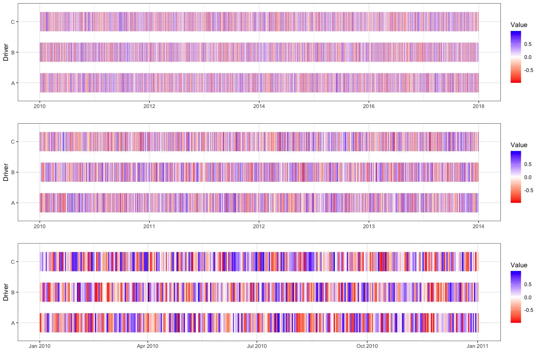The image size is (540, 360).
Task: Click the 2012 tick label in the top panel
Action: (x=149, y=106)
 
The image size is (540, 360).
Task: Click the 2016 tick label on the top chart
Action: (x=369, y=106)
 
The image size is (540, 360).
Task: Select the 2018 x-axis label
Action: (x=478, y=106)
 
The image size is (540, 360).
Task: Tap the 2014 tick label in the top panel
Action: (x=259, y=106)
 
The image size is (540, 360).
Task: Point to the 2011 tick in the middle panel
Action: (x=149, y=226)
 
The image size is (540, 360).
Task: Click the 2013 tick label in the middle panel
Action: (x=369, y=226)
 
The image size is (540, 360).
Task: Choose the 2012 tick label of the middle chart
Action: (x=259, y=226)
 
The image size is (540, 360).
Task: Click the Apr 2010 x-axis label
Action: (x=147, y=346)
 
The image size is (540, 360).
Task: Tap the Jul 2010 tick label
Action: (x=256, y=346)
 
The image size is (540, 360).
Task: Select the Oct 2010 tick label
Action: (x=367, y=346)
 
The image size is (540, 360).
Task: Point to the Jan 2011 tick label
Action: (x=478, y=346)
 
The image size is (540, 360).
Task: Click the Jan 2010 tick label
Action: (x=40, y=346)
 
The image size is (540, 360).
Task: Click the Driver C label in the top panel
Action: (x=13, y=22)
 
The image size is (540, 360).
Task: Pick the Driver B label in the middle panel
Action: (x=13, y=172)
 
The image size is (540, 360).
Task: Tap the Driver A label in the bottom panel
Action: (x=13, y=323)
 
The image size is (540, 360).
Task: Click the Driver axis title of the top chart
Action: (x=5, y=52)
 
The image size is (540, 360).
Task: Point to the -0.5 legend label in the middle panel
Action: (x=528, y=190)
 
